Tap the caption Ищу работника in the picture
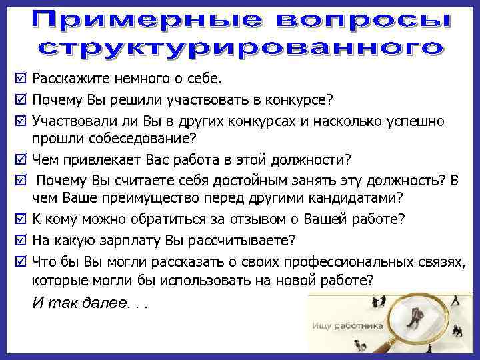[347, 326]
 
